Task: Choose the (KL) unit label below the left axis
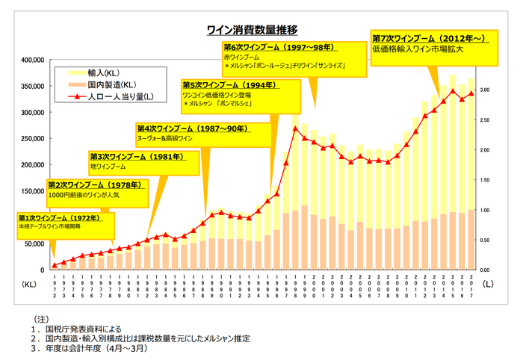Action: tap(30, 284)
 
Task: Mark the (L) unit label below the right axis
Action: tap(486, 284)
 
